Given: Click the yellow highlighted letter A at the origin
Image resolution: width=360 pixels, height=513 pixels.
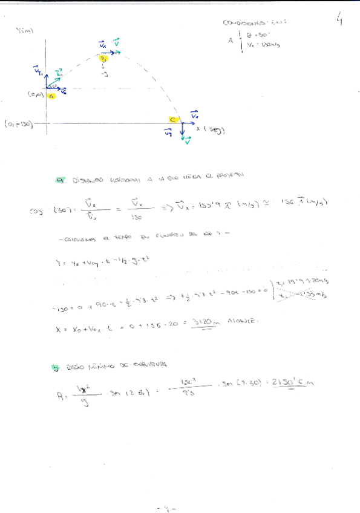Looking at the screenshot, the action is pyautogui.click(x=51, y=96).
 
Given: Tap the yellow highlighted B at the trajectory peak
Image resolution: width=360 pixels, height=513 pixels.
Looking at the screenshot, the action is pyautogui.click(x=103, y=59).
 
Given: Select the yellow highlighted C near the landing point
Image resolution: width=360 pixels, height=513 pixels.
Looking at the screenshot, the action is pyautogui.click(x=172, y=120).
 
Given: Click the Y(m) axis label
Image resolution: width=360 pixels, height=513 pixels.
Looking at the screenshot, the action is pyautogui.click(x=25, y=31).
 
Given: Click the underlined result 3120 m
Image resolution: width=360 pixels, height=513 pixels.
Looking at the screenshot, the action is pyautogui.click(x=204, y=323).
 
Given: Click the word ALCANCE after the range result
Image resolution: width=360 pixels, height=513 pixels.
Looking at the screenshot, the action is pyautogui.click(x=244, y=322).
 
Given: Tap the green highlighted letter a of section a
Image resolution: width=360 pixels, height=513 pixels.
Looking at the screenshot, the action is pyautogui.click(x=59, y=180).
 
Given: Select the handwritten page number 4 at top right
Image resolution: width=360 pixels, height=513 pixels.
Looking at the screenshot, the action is pyautogui.click(x=341, y=22).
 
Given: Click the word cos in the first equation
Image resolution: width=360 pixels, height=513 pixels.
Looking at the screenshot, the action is pyautogui.click(x=35, y=211).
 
